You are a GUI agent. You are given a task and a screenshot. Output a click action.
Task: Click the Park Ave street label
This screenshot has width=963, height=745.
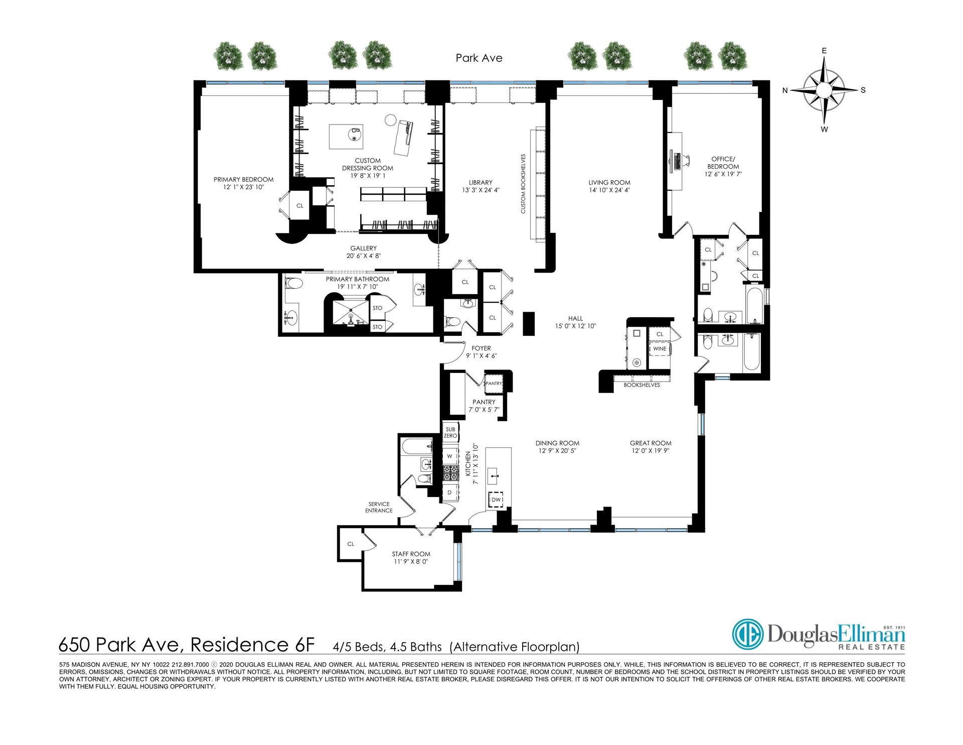(478, 58)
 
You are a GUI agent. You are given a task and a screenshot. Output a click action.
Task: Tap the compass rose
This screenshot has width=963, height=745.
(824, 90)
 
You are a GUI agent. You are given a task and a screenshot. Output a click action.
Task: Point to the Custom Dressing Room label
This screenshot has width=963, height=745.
(368, 165)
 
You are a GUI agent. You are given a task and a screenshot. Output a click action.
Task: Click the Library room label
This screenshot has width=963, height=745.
(480, 182)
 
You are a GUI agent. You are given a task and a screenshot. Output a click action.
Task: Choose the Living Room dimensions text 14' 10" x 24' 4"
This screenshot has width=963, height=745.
(609, 190)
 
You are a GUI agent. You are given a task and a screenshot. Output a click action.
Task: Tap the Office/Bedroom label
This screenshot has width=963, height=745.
(723, 163)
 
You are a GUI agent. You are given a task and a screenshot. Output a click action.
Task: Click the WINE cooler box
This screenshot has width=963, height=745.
(660, 348)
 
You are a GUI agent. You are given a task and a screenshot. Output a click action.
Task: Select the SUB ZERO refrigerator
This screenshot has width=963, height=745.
(450, 433)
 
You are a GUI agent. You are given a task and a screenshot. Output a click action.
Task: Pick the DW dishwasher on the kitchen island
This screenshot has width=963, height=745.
(496, 500)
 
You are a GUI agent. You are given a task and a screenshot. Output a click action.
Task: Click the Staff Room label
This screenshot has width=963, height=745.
(411, 554)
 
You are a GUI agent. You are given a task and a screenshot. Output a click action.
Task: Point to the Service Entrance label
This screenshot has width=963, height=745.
(379, 508)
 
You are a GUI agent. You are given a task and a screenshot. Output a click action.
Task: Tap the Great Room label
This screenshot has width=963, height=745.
(651, 443)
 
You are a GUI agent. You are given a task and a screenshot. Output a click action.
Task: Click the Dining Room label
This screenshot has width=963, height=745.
(557, 443)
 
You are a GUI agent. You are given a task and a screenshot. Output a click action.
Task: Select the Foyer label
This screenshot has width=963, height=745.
(481, 348)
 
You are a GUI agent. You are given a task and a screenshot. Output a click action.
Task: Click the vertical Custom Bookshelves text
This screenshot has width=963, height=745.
(523, 184)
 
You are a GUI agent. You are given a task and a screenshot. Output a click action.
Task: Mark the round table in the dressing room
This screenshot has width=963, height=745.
(391, 120)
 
